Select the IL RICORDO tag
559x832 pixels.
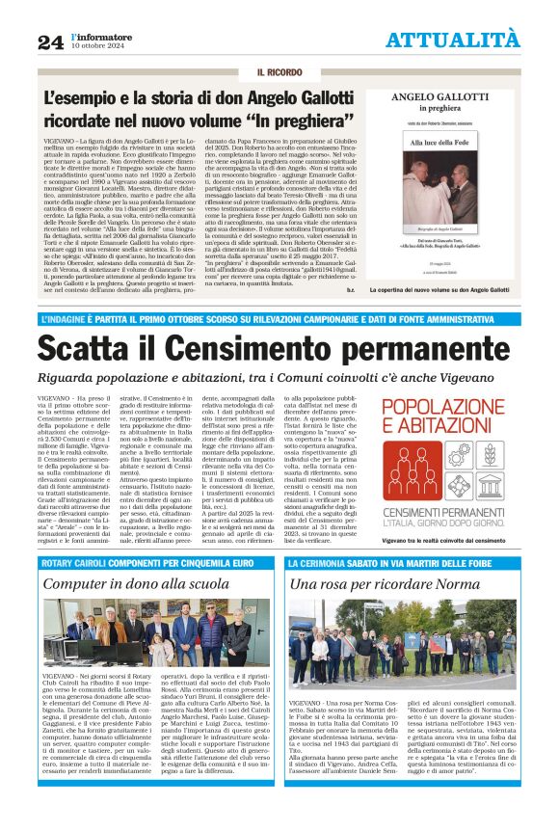(279, 73)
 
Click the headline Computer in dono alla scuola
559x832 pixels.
(136, 583)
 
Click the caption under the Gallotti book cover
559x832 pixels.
(451, 289)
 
